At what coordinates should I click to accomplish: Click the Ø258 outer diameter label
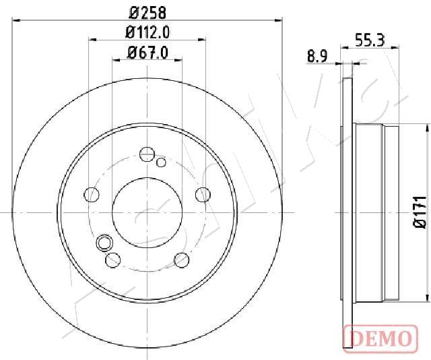(147, 13)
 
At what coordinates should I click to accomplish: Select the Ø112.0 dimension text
(147, 32)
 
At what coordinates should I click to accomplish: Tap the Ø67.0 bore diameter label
(147, 53)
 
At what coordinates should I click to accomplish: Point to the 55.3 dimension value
(370, 40)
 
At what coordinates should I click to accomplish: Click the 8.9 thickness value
(317, 57)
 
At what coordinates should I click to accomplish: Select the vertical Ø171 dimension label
(420, 212)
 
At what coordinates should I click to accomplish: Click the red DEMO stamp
(380, 338)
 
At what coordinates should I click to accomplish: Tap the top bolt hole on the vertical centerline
(147, 154)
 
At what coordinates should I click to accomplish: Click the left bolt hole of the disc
(92, 195)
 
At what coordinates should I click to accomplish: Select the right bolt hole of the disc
(203, 194)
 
